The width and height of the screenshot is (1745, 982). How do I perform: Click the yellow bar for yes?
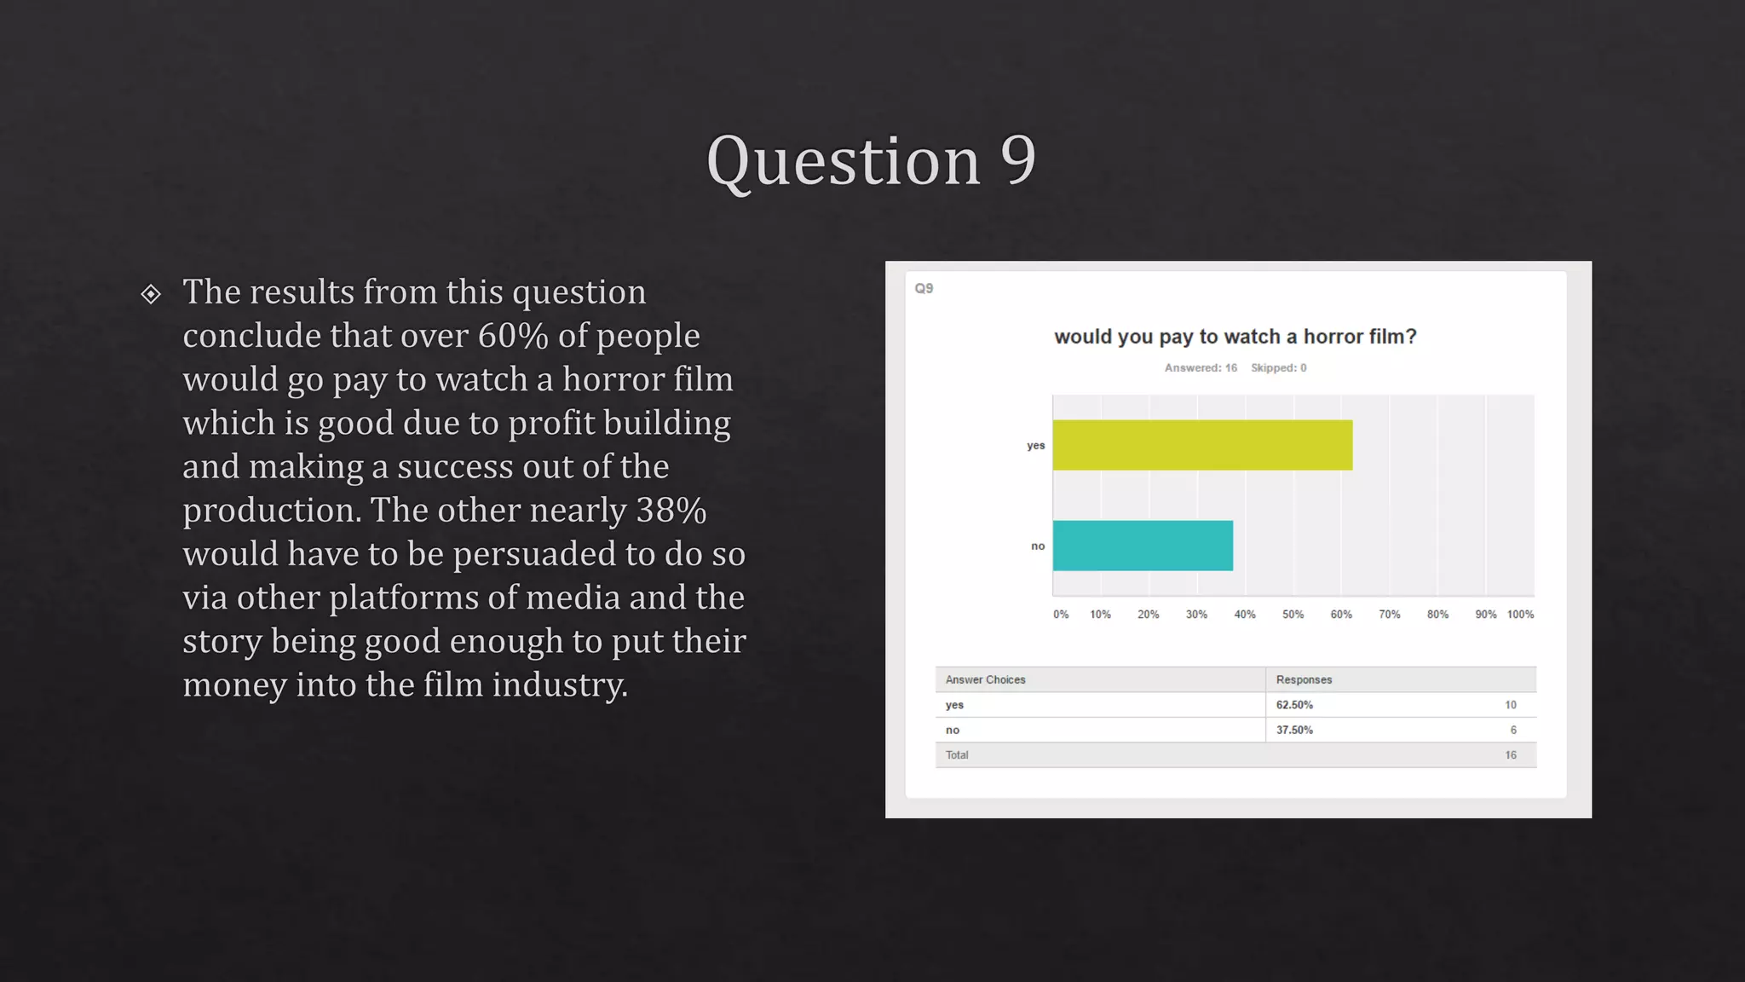tap(1202, 445)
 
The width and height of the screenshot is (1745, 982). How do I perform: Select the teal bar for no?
tap(1143, 546)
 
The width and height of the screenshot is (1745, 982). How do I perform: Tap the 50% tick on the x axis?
tap(1293, 615)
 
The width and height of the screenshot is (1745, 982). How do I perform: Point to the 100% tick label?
tap(1520, 615)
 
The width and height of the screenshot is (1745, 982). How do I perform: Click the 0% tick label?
tap(1061, 615)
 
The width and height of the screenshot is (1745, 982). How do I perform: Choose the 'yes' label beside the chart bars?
tap(1035, 446)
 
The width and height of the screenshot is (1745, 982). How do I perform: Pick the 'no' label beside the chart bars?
tap(1038, 546)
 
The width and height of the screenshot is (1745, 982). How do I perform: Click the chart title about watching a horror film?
tap(1235, 337)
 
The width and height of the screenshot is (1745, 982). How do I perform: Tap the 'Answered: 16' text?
tap(1201, 368)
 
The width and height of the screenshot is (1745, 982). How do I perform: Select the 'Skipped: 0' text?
tap(1278, 368)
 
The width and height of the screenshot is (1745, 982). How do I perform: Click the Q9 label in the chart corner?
tap(924, 288)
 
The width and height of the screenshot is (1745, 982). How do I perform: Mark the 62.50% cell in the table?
tap(1294, 705)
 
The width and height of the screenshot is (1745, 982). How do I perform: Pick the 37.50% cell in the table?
tap(1294, 731)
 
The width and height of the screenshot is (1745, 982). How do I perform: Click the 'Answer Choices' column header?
tap(985, 680)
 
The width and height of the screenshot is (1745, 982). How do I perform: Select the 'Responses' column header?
tap(1304, 680)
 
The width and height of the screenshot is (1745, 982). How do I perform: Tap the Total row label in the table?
tap(957, 755)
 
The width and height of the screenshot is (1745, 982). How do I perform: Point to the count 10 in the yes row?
tap(1510, 705)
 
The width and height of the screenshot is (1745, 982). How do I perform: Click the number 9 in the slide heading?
tap(1017, 160)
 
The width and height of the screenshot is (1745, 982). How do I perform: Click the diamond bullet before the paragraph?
tap(151, 294)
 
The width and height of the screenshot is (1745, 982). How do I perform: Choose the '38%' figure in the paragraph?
tap(671, 511)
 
